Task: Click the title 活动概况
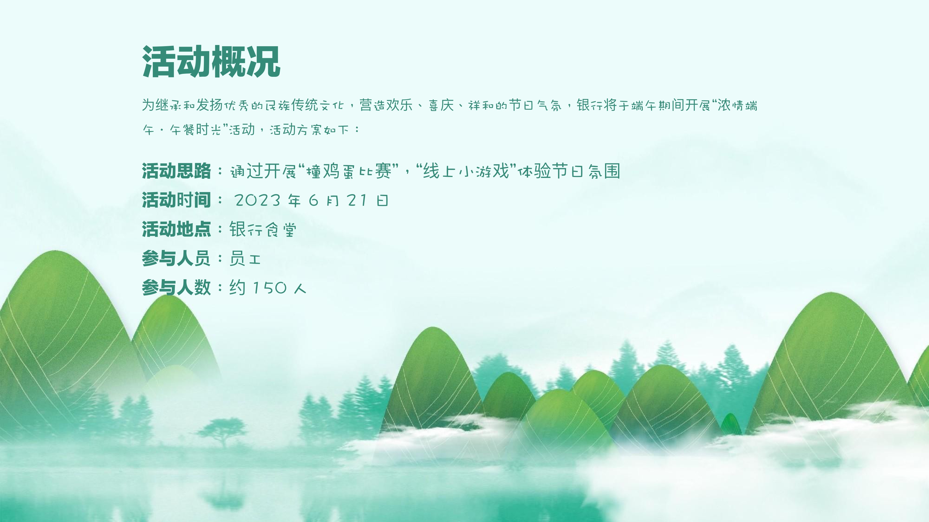pyautogui.click(x=211, y=62)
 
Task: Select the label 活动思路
pyautogui.click(x=176, y=171)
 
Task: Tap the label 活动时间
pyautogui.click(x=176, y=200)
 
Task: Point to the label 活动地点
pyautogui.click(x=176, y=229)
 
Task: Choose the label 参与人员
pyautogui.click(x=176, y=258)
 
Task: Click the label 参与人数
pyautogui.click(x=176, y=287)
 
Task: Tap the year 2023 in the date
pyautogui.click(x=258, y=200)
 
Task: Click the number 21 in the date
pyautogui.click(x=357, y=200)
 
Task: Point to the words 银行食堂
pyautogui.click(x=263, y=229)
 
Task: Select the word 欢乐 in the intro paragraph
pyautogui.click(x=399, y=105)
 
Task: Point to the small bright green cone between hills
pyautogui.click(x=731, y=424)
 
